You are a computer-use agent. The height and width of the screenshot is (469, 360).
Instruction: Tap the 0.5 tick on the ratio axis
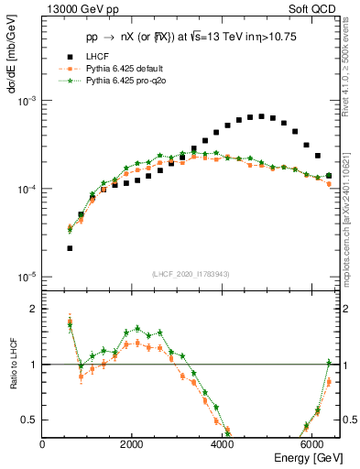tap(31, 420)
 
